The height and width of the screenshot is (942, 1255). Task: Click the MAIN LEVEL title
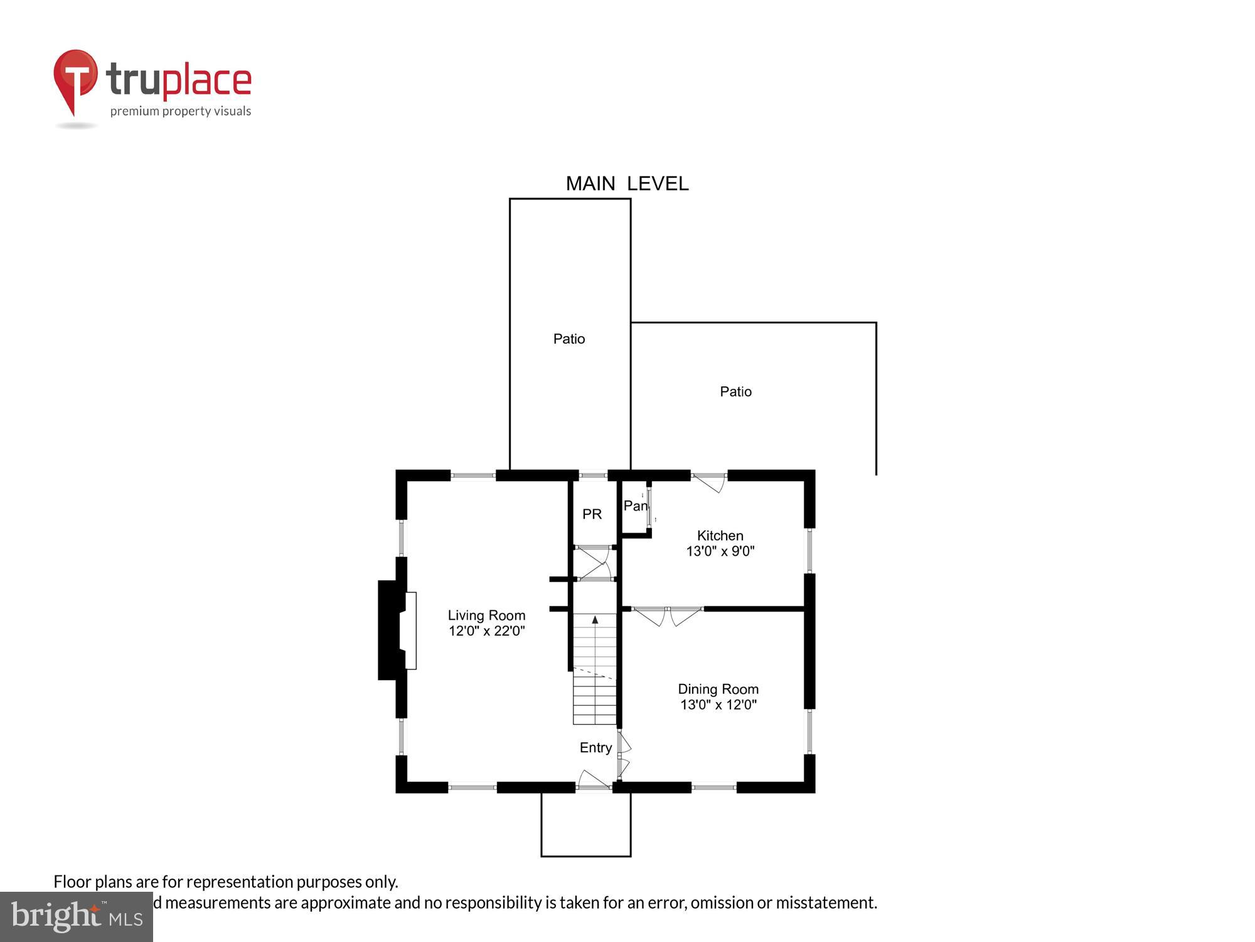[x=627, y=183]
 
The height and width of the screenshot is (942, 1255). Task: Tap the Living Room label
[x=486, y=615]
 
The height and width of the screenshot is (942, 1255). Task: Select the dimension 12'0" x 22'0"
[x=486, y=631]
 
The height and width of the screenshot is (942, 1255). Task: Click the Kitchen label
[x=720, y=536]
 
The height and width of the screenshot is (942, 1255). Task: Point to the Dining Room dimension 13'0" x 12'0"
[x=718, y=705]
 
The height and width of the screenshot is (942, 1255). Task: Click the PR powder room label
[x=592, y=514]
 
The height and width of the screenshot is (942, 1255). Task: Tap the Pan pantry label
[x=635, y=506]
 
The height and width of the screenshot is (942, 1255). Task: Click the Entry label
[x=595, y=747]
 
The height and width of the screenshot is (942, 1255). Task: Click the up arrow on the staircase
[x=595, y=620]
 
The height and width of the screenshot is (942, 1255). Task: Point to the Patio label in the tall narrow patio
[x=569, y=339]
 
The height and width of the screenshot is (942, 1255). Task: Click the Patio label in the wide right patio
[x=735, y=392]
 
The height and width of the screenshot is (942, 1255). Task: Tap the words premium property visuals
[x=181, y=112]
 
